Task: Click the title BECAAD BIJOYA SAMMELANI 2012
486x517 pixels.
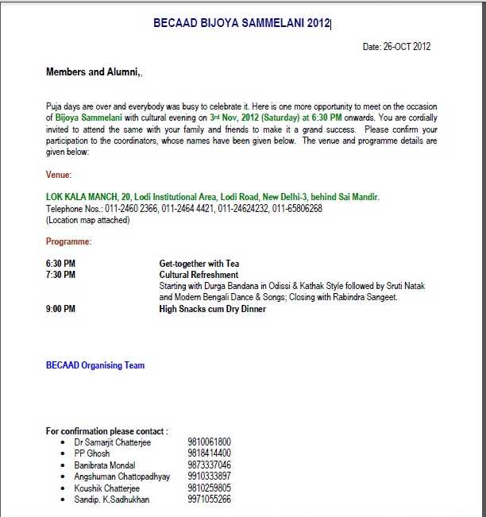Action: pos(241,24)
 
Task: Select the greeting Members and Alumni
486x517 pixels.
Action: pos(93,72)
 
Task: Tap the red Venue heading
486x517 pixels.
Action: pos(59,175)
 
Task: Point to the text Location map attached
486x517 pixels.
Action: pos(87,220)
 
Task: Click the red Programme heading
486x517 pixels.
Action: pos(68,241)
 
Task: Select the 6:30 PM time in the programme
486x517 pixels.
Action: pos(61,264)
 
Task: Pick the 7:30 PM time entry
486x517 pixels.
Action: pos(61,275)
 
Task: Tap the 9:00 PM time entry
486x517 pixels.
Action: pos(61,309)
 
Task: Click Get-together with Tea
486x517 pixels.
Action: pos(199,264)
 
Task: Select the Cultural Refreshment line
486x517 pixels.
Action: pos(199,275)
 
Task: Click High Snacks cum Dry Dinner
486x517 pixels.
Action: pos(212,309)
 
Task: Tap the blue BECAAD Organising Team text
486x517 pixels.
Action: pos(95,366)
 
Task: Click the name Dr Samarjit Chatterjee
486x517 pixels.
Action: pos(112,442)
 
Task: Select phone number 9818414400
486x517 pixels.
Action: pos(209,453)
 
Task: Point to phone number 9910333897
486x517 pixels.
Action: pos(209,476)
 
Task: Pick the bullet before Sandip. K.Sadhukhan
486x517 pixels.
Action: pos(63,500)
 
